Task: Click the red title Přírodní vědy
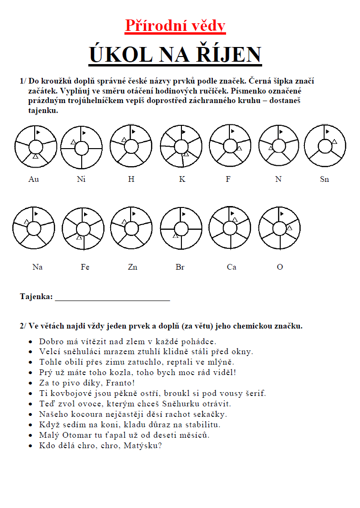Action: tap(175, 26)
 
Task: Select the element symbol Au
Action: tap(34, 179)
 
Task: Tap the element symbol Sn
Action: tap(324, 179)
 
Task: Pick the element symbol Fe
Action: tap(85, 267)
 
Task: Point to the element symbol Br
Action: tap(180, 267)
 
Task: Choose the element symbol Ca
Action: tap(231, 267)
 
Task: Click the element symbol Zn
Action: tap(133, 267)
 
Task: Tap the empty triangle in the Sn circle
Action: tap(334, 141)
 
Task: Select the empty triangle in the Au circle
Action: tap(35, 156)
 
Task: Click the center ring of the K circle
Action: tap(180, 145)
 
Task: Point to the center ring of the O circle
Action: tap(280, 228)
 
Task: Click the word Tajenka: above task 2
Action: tap(36, 296)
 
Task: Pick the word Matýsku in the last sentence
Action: tap(143, 445)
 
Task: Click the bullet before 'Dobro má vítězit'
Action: tap(30, 341)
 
